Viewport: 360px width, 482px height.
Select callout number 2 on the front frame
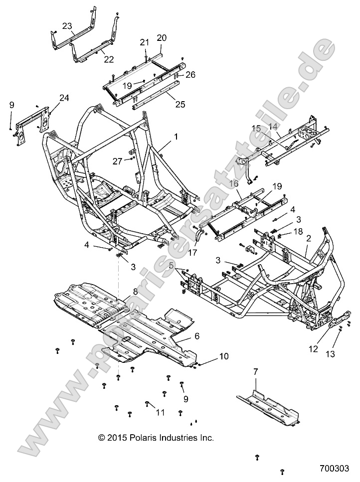(x=309, y=239)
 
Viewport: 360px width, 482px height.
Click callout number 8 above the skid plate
(x=121, y=292)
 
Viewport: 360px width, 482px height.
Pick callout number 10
(x=224, y=356)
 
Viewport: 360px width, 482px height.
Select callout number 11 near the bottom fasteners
(x=160, y=412)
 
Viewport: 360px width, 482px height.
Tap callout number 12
(x=313, y=349)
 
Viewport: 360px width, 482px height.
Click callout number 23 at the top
(x=67, y=25)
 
